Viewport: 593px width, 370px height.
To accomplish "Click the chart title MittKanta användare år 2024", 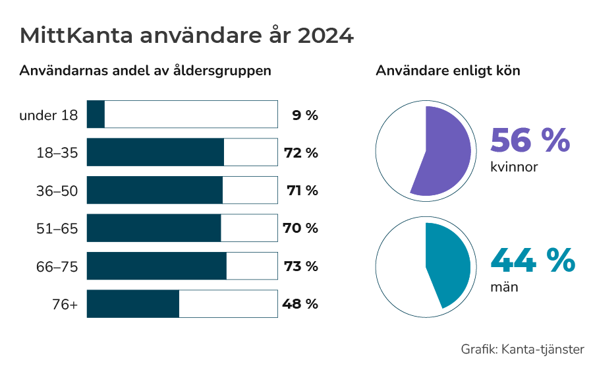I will pos(186,36).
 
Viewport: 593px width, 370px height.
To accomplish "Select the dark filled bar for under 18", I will pos(96,115).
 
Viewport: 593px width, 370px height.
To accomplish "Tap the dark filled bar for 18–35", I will pos(155,152).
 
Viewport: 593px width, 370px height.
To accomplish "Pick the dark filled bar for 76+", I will pos(132,304).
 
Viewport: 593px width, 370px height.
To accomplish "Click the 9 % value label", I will pos(304,115).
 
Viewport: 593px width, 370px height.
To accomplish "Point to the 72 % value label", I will pos(300,153).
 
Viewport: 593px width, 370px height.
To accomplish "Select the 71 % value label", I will pos(302,191).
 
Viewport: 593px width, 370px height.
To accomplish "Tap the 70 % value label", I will pos(300,228).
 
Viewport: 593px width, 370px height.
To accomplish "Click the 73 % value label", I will pos(300,266).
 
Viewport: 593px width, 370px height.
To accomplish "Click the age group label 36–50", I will pos(57,191).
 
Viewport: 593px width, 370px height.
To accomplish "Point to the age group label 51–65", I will pos(57,229).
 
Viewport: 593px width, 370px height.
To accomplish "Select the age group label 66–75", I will pos(57,266).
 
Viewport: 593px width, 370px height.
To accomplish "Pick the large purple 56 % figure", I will pos(529,140).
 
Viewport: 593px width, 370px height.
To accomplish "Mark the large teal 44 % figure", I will pos(532,261).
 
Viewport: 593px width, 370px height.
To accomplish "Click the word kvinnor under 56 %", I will pos(514,168).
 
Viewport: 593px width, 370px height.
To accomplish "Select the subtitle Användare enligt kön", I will pos(448,71).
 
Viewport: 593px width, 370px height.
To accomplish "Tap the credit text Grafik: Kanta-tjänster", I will pos(522,349).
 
